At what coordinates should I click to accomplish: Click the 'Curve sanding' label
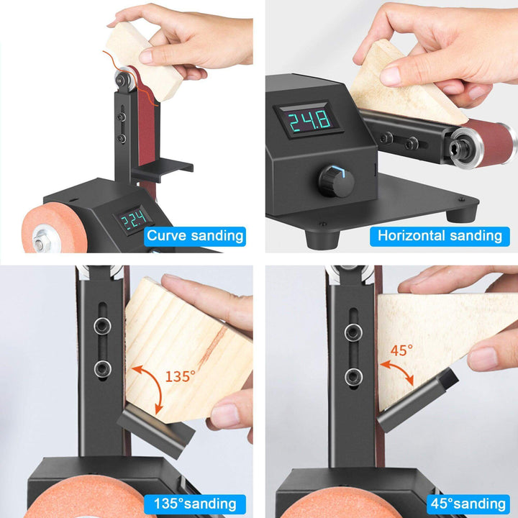(195, 235)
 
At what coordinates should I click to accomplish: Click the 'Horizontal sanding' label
(440, 235)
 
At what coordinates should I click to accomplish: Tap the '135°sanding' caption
(195, 504)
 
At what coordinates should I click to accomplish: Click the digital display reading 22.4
(135, 219)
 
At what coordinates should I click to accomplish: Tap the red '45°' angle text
(401, 351)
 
